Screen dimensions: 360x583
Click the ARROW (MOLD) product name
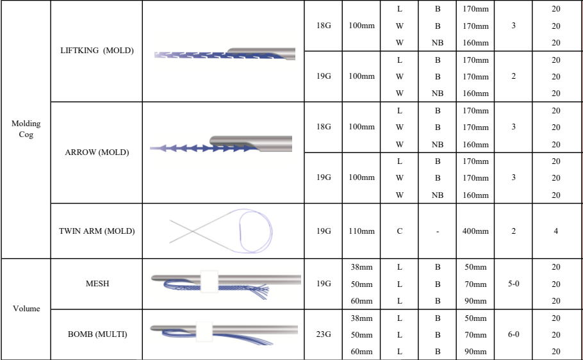click(x=97, y=152)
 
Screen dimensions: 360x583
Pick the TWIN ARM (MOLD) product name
click(x=97, y=231)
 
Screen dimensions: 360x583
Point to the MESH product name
click(x=97, y=284)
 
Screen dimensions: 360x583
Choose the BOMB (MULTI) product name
click(x=97, y=334)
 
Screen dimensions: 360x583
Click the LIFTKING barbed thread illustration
click(x=224, y=54)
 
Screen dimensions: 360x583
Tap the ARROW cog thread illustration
click(x=221, y=145)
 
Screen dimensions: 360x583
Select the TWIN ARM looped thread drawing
click(x=221, y=231)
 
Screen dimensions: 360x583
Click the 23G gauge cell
click(x=324, y=334)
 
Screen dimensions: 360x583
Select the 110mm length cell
click(x=361, y=231)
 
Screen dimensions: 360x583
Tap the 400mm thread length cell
click(x=474, y=231)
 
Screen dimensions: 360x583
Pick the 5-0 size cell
click(x=514, y=284)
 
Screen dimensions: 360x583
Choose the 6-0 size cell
click(x=514, y=334)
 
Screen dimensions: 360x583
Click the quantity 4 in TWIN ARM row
click(x=555, y=231)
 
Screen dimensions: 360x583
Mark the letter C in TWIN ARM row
click(x=399, y=231)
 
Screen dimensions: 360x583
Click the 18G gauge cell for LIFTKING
click(x=324, y=26)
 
